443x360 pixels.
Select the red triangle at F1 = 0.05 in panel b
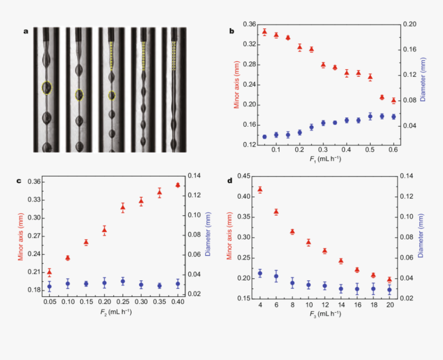pos(264,32)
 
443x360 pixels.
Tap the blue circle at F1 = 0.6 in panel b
pos(394,117)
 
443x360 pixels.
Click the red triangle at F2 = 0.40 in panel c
pos(178,185)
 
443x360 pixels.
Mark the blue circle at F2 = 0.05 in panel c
pos(49,287)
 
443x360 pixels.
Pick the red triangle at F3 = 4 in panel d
pos(260,190)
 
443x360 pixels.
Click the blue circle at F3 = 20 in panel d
pos(389,290)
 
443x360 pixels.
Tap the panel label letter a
pos(26,31)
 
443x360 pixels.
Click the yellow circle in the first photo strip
pos(47,88)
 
